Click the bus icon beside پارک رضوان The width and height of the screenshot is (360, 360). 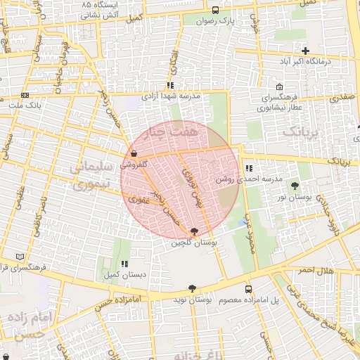coord(214,10)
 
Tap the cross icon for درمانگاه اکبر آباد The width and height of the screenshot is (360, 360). coord(305,51)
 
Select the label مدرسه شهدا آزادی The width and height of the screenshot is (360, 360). coord(172,95)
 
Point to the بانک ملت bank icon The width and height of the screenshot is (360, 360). coord(25,95)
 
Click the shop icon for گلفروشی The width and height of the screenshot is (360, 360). coord(133,153)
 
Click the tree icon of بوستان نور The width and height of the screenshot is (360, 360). coord(294,185)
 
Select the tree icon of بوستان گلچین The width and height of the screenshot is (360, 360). coord(193,231)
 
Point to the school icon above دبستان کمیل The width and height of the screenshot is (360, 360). coord(124,264)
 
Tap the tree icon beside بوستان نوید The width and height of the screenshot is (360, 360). coord(192,288)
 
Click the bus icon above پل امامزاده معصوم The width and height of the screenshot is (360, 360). coord(248,289)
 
